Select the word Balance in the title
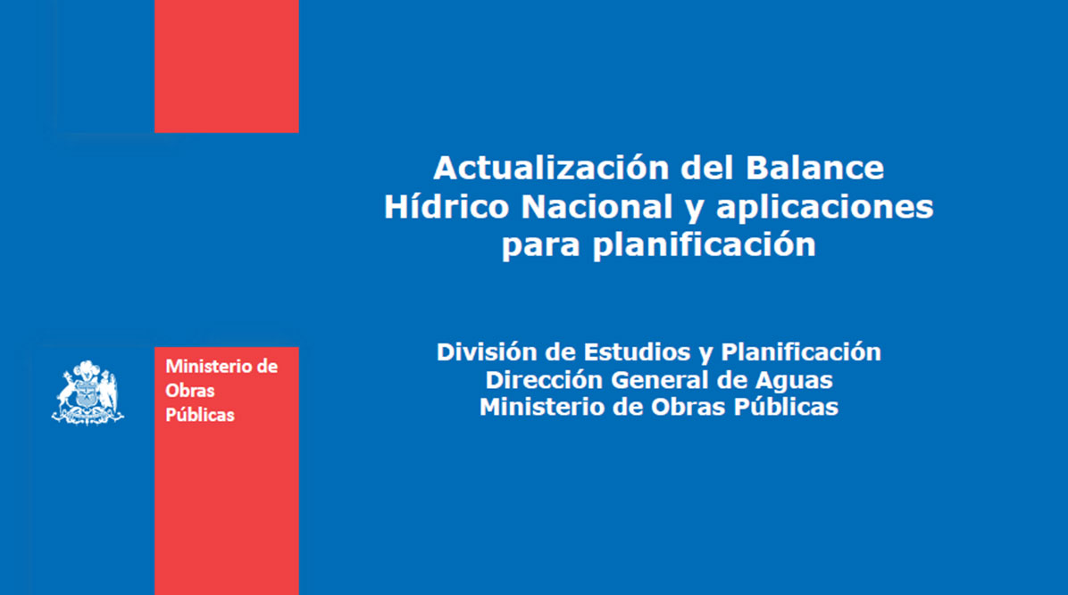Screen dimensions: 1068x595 814,168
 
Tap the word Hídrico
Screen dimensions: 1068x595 446,205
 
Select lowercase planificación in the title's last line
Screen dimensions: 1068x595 705,244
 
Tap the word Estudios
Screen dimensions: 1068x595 636,352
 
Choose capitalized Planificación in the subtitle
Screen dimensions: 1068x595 801,352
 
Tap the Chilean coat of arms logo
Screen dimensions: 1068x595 88,393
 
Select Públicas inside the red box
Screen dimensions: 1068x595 199,415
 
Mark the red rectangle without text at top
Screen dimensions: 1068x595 227,66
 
